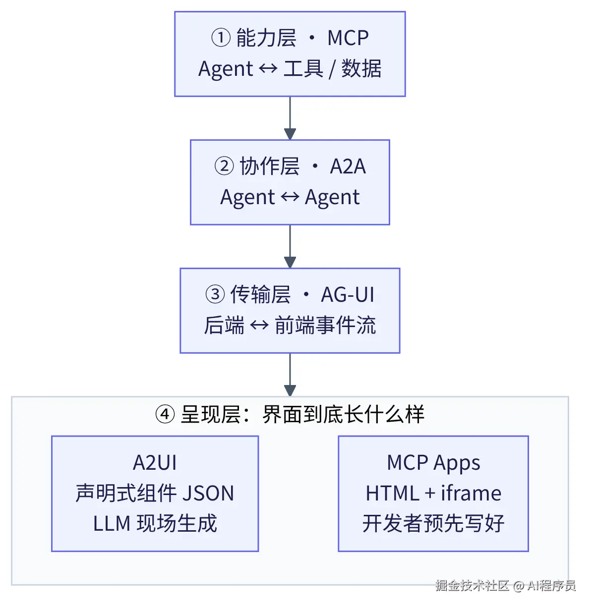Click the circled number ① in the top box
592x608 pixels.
(221, 38)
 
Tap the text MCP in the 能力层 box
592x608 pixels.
(348, 38)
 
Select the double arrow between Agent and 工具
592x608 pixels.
(268, 68)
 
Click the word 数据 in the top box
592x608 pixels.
(361, 68)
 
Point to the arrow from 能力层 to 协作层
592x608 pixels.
(290, 118)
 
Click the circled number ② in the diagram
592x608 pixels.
(224, 166)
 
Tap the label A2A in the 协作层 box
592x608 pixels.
(348, 166)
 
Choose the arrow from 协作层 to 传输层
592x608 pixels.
(290, 246)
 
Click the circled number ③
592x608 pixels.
(215, 294)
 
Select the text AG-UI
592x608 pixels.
(348, 294)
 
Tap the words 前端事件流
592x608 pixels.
(325, 325)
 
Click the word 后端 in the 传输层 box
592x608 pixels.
(224, 325)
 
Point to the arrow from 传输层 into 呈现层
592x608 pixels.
(290, 375)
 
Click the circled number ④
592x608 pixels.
(165, 414)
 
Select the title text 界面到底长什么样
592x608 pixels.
(343, 414)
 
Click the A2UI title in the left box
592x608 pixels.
(155, 462)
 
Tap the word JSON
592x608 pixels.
(208, 493)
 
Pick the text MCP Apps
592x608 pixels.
(433, 463)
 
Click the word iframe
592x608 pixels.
(471, 493)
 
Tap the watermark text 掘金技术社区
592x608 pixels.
(473, 585)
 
